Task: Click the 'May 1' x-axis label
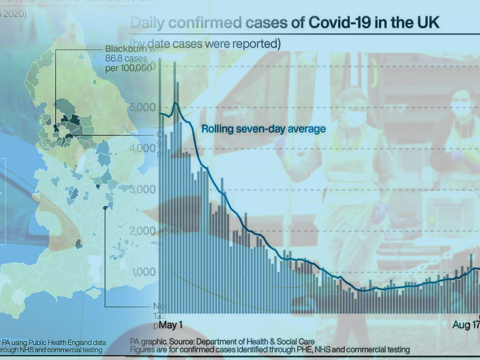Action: click(x=171, y=325)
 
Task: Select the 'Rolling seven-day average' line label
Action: click(x=263, y=129)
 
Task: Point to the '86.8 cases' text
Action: click(x=126, y=58)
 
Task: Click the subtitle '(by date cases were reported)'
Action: click(x=205, y=43)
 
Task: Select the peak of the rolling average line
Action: click(x=175, y=103)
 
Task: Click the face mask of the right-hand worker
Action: click(x=461, y=108)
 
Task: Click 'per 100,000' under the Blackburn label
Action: click(x=129, y=68)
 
